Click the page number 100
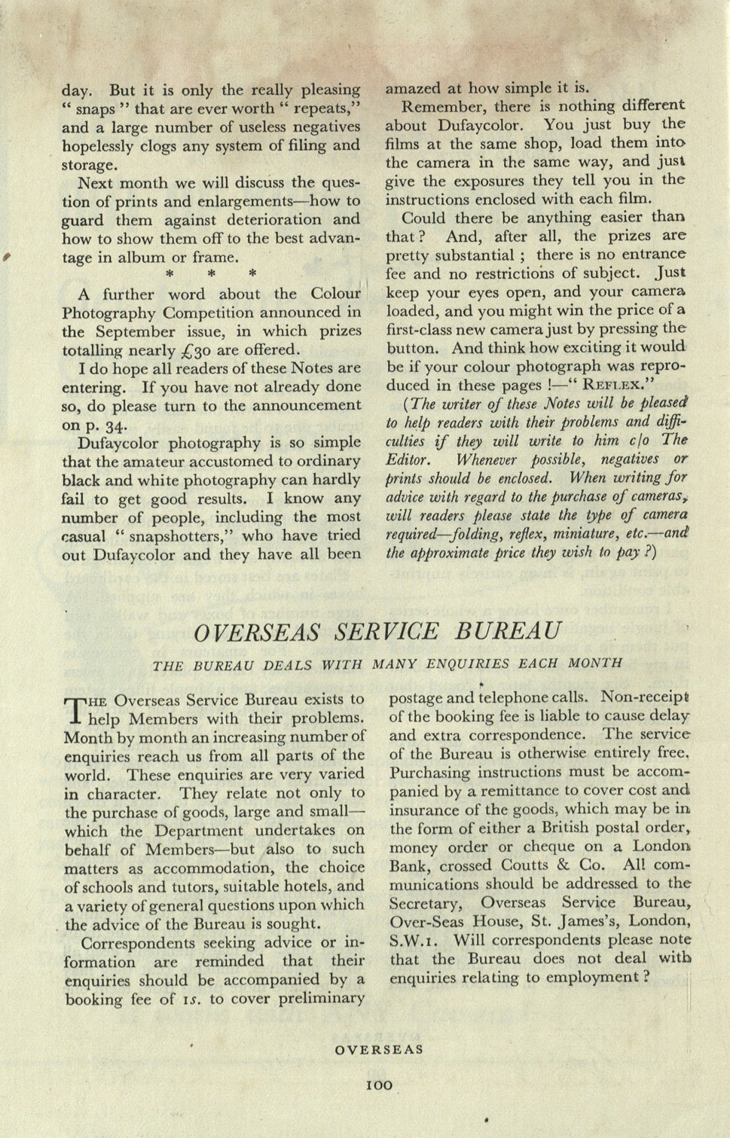379,1085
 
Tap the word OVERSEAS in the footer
379,1049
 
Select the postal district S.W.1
410,940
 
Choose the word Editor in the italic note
408,459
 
